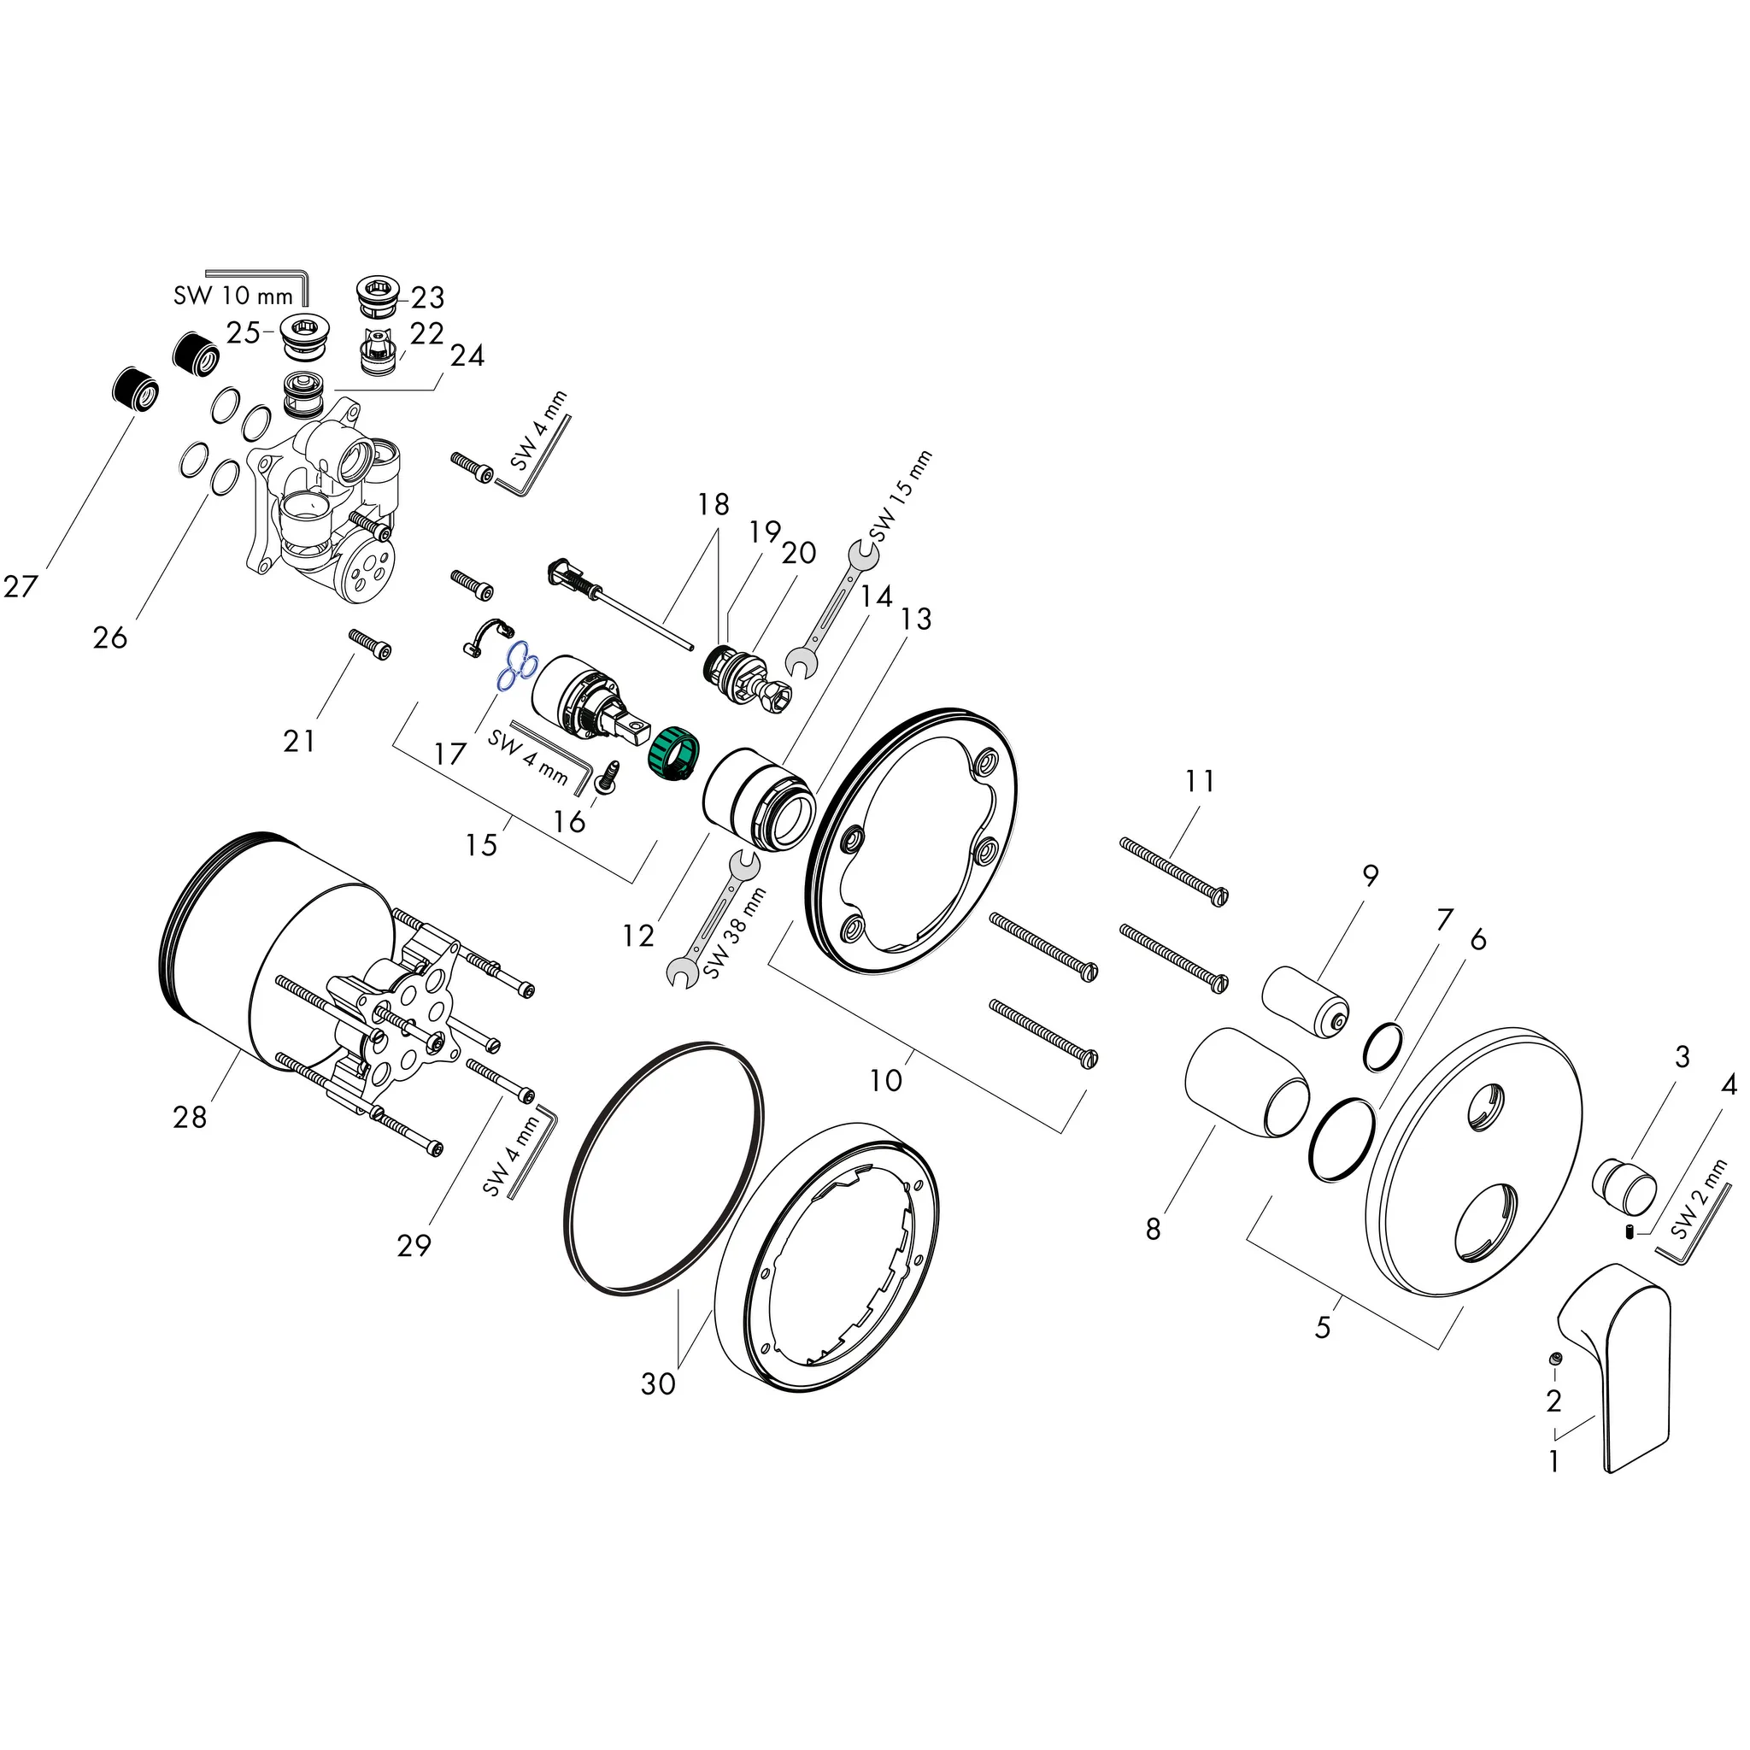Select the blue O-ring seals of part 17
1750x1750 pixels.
[517, 667]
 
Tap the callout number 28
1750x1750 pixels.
[191, 1118]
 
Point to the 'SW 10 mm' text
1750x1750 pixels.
[232, 296]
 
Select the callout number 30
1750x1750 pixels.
[659, 1384]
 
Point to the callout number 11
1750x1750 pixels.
[1201, 780]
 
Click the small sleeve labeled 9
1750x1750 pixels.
[1306, 1001]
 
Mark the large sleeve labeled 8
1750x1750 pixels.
[1247, 1082]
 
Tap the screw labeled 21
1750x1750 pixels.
[372, 644]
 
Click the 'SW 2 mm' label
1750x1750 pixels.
[1700, 1201]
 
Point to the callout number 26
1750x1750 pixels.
[109, 637]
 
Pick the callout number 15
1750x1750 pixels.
[482, 844]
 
